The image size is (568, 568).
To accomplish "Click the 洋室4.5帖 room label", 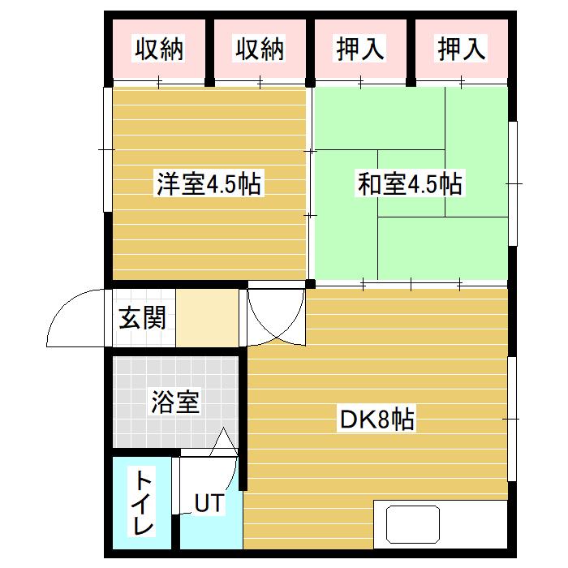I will (209, 185).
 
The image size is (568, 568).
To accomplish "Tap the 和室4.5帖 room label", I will (410, 185).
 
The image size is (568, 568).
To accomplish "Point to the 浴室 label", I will (174, 401).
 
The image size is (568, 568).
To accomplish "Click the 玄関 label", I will (143, 318).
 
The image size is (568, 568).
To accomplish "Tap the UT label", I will (208, 503).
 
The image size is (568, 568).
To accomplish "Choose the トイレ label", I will (143, 502).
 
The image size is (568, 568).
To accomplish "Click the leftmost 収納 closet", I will (159, 50).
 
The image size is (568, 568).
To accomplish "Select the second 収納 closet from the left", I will (260, 50).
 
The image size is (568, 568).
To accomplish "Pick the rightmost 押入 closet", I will (462, 50).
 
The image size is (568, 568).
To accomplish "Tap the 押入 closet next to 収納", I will (360, 50).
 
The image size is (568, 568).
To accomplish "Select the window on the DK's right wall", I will (513, 418).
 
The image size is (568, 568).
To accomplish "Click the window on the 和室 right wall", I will (513, 183).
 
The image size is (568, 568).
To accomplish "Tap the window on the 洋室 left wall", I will (107, 150).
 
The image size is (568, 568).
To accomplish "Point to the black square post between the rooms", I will (311, 283).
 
